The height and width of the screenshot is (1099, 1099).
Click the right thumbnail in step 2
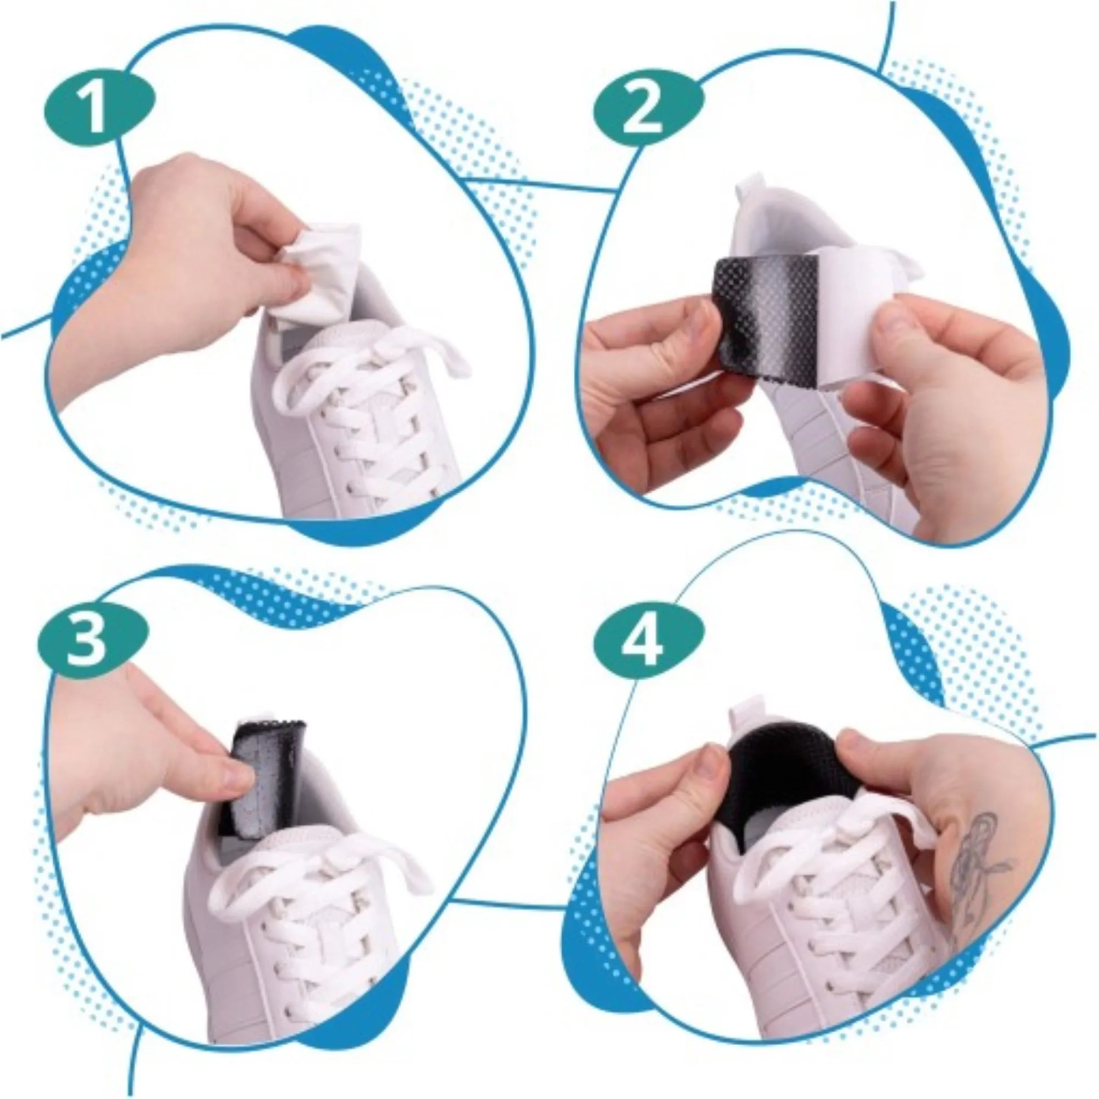(902, 312)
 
